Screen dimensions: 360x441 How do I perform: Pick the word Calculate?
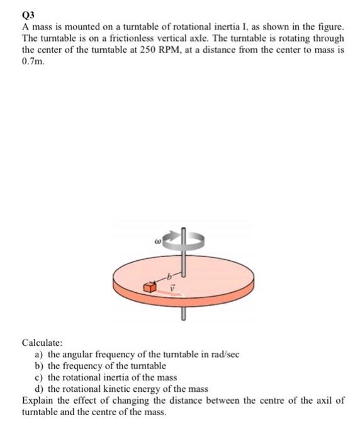coord(42,343)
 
